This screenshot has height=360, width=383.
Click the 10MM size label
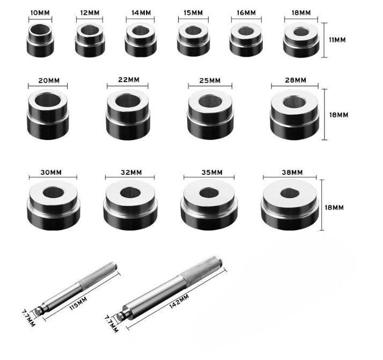pyautogui.click(x=40, y=13)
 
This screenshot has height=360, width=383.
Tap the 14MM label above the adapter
pyautogui.click(x=141, y=13)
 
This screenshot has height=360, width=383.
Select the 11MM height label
pyautogui.click(x=337, y=40)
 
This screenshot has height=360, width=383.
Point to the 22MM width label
pyautogui.click(x=129, y=80)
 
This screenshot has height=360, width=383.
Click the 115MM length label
pyautogui.click(x=78, y=304)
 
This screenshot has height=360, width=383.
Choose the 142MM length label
pyautogui.click(x=179, y=301)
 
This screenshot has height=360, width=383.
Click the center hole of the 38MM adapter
pyautogui.click(x=290, y=194)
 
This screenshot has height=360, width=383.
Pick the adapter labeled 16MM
pyautogui.click(x=246, y=40)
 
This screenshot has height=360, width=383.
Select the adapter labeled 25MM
pyautogui.click(x=210, y=115)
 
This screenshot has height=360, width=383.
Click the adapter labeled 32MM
pyautogui.click(x=130, y=205)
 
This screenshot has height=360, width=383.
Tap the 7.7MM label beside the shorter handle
pyautogui.click(x=28, y=318)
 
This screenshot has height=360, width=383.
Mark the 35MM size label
pyautogui.click(x=212, y=172)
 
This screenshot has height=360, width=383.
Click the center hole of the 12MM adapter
pyautogui.click(x=90, y=30)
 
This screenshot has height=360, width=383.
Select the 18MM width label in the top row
pyautogui.click(x=301, y=13)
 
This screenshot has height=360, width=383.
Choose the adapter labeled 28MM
pyautogui.click(x=295, y=115)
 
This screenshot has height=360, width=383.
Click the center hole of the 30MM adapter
pyautogui.click(x=53, y=193)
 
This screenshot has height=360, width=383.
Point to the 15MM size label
pyautogui.click(x=193, y=13)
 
